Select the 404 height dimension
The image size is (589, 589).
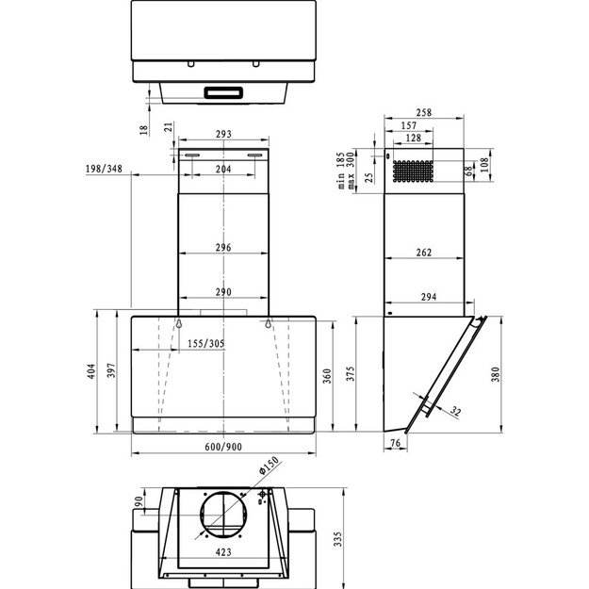click(x=91, y=370)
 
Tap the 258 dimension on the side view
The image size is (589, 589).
click(x=423, y=113)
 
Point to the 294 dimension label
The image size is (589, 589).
click(x=428, y=298)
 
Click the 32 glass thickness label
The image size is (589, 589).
click(x=456, y=411)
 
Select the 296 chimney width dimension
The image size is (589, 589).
click(x=223, y=248)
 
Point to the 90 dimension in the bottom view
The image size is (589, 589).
click(x=138, y=501)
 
